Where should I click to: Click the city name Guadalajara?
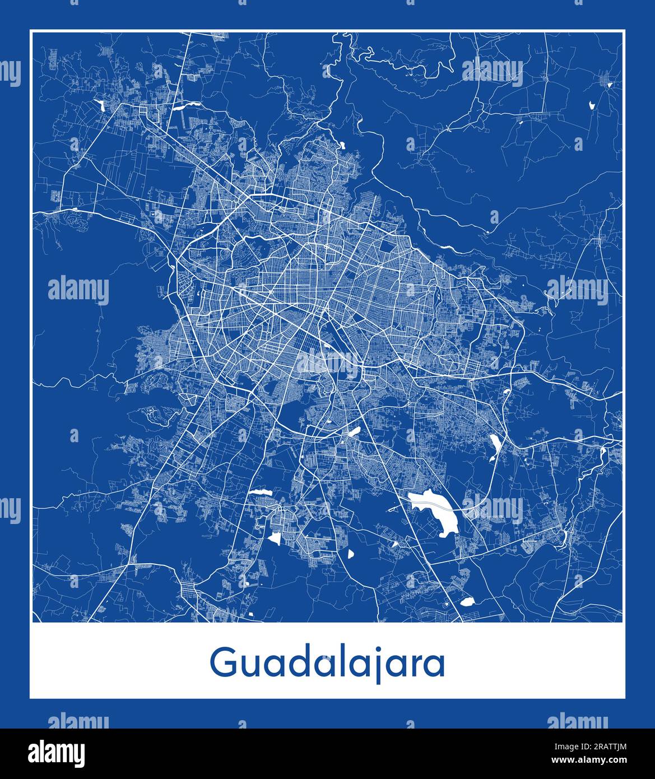click(327, 664)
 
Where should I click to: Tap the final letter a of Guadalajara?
click(434, 665)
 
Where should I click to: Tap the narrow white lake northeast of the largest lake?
click(495, 446)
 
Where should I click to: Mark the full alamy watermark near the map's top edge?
click(492, 72)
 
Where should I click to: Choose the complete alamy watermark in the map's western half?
click(78, 290)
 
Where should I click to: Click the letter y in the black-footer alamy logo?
click(78, 754)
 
